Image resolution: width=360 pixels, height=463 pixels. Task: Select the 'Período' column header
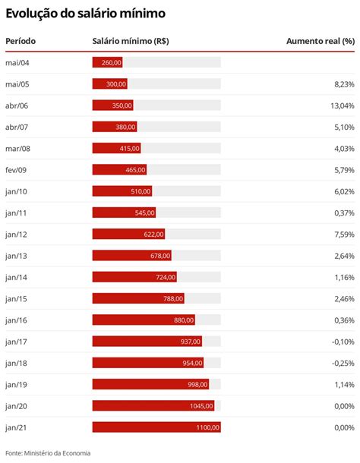21,41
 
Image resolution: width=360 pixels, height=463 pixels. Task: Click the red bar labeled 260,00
107,62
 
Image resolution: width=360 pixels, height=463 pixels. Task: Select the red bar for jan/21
156,427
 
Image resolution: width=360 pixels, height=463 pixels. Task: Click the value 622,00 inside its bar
153,235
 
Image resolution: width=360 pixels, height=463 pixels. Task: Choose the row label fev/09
16,170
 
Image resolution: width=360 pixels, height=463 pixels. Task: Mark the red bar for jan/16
144,320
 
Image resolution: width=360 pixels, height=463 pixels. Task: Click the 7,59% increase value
343,235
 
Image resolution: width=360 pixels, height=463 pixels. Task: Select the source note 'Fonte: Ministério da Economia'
48,453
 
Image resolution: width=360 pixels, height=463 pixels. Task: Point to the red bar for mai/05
110,84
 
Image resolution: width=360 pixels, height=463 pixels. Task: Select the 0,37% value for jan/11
343,213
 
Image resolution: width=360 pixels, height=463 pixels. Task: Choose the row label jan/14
16,277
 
